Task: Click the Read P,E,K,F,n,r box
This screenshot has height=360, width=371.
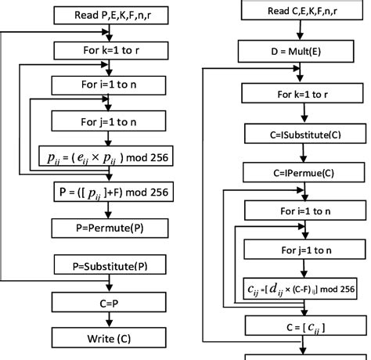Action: (x=107, y=16)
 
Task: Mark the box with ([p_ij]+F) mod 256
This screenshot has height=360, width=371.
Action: (x=107, y=192)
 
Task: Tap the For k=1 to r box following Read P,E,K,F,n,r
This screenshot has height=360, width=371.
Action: (x=107, y=49)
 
